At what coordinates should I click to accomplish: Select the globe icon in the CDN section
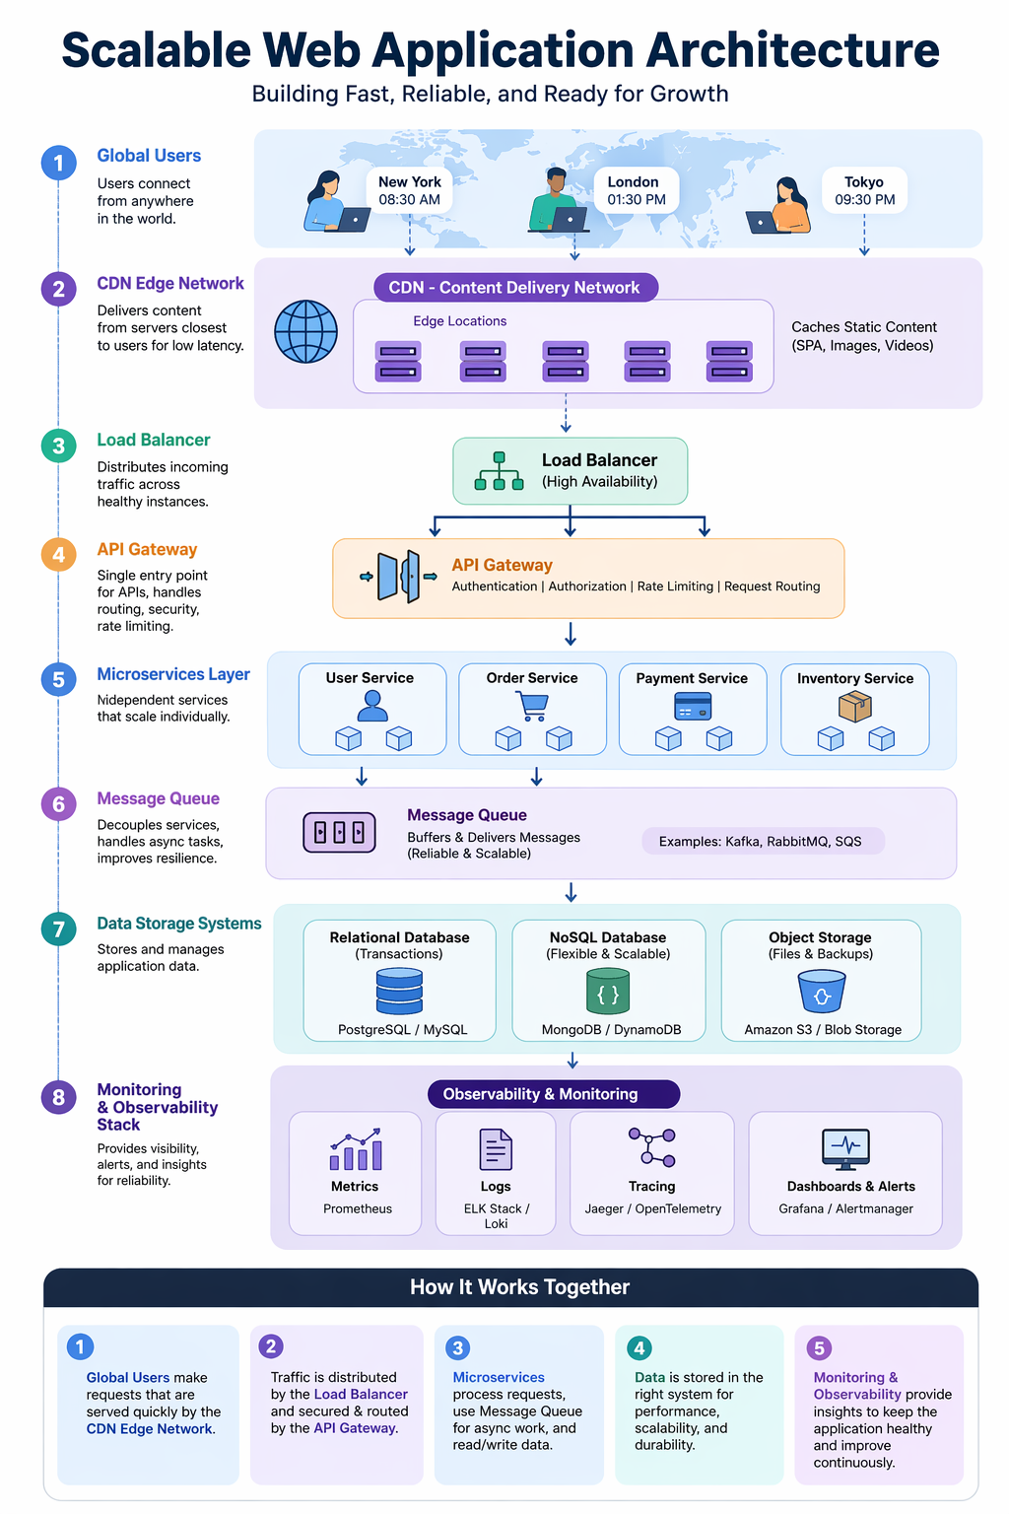point(305,332)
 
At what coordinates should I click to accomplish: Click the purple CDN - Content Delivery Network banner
point(515,288)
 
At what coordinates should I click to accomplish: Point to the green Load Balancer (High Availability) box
point(570,471)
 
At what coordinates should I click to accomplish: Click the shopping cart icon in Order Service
point(532,706)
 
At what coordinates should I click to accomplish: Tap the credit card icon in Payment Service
point(693,707)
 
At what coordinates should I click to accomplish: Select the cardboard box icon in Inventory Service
point(854,706)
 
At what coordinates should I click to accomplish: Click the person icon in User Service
point(371,706)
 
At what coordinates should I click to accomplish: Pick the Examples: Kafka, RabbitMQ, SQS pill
point(762,841)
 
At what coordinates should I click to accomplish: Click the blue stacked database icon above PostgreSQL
point(399,991)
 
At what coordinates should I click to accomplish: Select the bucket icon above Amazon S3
point(821,992)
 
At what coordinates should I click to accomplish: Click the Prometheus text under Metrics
point(357,1208)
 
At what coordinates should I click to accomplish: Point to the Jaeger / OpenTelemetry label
point(652,1208)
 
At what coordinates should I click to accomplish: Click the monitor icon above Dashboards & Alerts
point(845,1147)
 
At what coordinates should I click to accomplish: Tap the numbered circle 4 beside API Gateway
point(58,554)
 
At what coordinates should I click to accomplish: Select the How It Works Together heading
point(519,1287)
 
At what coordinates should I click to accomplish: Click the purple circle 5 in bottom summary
point(819,1347)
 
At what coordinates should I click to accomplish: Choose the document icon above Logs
point(496,1149)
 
